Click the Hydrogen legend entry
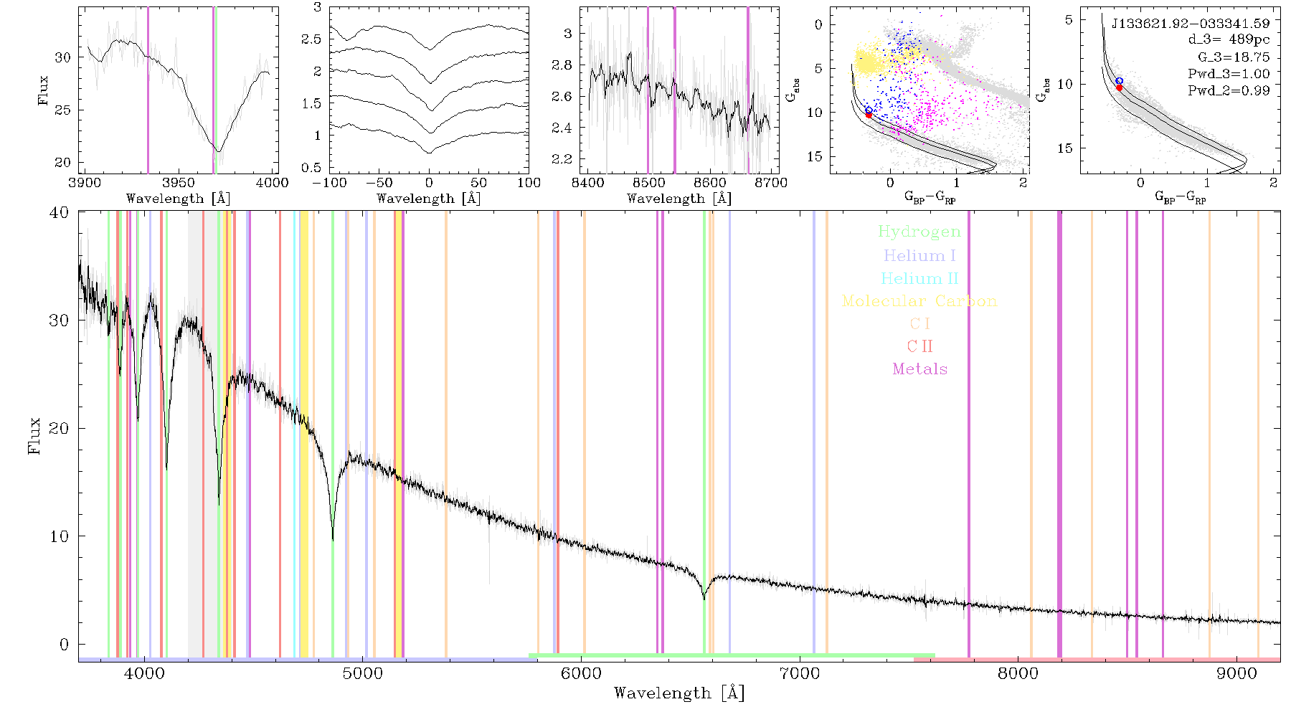tap(919, 232)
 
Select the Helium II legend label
tap(919, 278)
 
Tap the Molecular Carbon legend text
tap(919, 301)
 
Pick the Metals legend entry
tap(920, 369)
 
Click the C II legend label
tap(920, 346)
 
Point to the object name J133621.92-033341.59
tap(1191, 24)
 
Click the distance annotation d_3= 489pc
tap(1229, 40)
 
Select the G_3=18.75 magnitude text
tap(1234, 57)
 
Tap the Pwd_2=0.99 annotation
tap(1229, 90)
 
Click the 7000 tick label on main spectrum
tap(800, 674)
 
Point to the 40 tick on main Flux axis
tap(60, 212)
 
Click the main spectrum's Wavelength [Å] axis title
tap(679, 693)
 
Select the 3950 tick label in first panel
tap(179, 183)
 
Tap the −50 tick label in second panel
tap(379, 183)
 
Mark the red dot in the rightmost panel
tap(1119, 87)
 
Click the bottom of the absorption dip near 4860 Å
tap(333, 540)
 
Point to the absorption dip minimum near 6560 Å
tap(704, 598)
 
